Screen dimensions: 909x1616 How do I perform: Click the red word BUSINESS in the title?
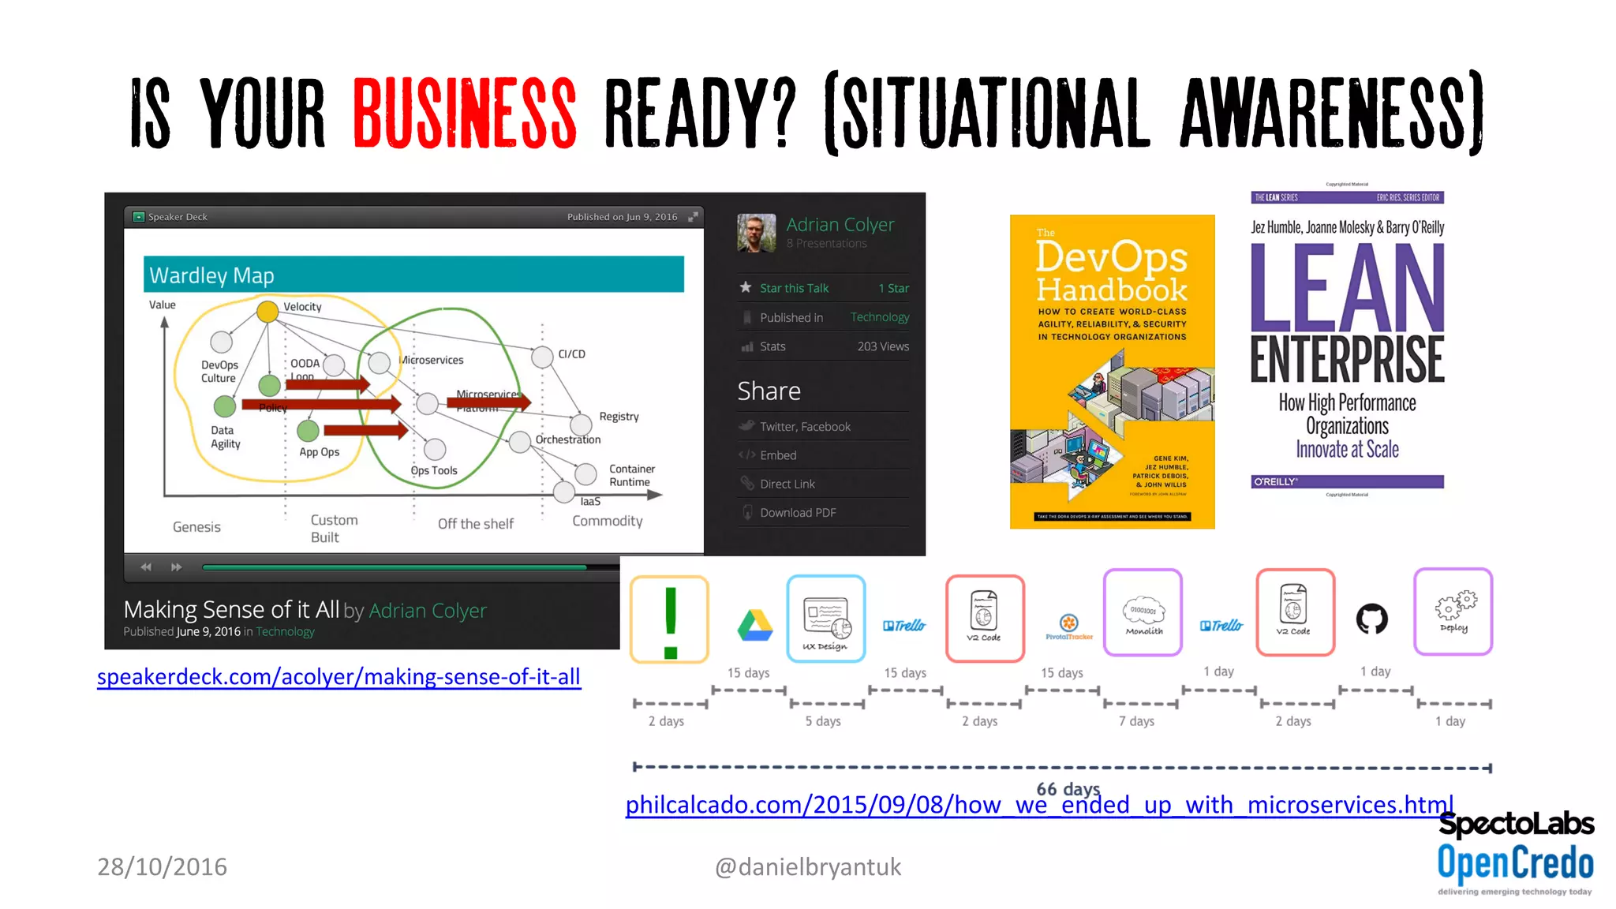pos(464,113)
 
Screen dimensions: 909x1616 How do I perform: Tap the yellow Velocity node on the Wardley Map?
pos(267,312)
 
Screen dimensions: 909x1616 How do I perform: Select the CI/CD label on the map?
pos(571,354)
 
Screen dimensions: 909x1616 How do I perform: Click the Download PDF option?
pos(797,513)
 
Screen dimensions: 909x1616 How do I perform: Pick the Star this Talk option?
pos(794,288)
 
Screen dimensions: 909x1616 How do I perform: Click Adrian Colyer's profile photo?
pos(756,233)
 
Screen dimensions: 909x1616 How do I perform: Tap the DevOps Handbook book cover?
pos(1112,371)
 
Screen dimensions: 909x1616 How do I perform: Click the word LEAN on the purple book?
pos(1347,288)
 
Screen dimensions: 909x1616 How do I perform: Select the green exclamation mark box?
pos(670,619)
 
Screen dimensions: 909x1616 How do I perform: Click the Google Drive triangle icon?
pos(754,626)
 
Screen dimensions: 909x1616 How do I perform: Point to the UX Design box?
pos(826,619)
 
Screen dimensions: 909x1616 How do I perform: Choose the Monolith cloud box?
pos(1143,613)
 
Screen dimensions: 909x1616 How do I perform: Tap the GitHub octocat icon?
pos(1371,619)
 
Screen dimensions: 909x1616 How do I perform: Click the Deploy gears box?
pos(1453,612)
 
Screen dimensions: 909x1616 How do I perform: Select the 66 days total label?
pos(1068,788)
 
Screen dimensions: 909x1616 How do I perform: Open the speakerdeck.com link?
pos(339,677)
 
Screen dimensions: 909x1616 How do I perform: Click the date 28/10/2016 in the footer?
pos(162,867)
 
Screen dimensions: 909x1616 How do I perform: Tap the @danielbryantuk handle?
pos(807,867)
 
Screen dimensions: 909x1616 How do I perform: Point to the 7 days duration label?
pos(1136,721)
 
